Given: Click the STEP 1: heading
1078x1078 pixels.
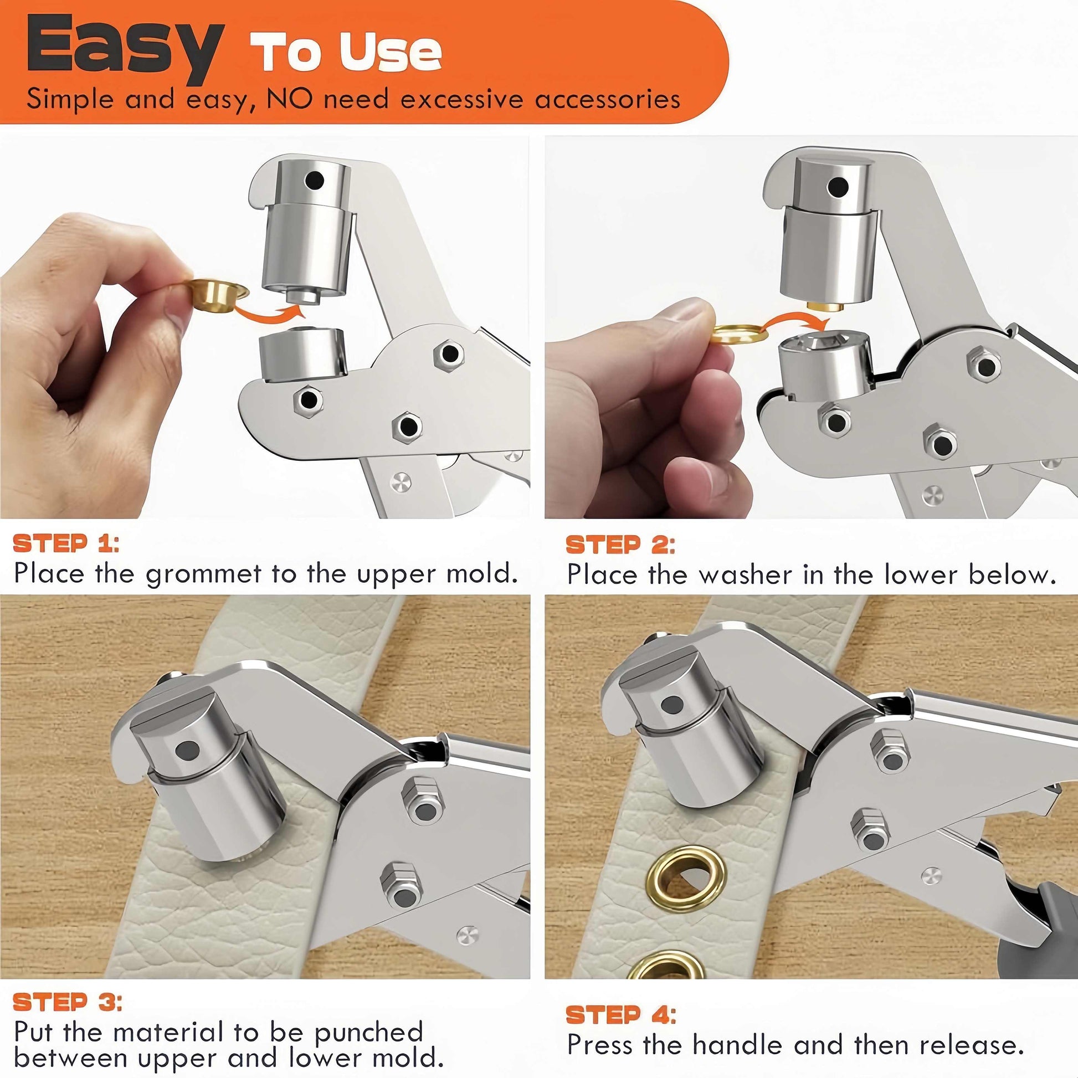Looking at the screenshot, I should pyautogui.click(x=66, y=543).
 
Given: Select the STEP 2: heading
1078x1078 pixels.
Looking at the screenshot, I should pyautogui.click(x=620, y=545).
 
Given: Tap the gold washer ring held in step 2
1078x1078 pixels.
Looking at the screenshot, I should pyautogui.click(x=739, y=333).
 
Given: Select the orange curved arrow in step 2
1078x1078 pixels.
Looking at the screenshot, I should pyautogui.click(x=798, y=319).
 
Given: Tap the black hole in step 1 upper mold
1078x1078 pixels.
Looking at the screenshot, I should pyautogui.click(x=315, y=179).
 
